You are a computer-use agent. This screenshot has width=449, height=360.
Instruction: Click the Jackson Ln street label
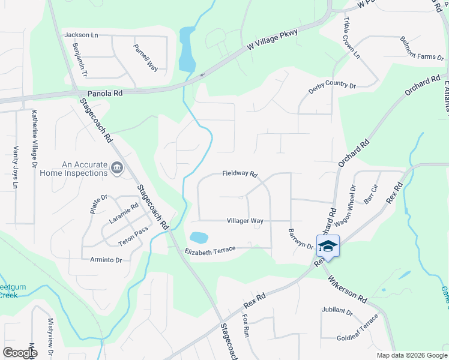point(81,35)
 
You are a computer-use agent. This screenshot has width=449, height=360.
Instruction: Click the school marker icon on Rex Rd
point(328,246)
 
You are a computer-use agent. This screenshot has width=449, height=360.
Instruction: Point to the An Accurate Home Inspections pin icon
point(117,169)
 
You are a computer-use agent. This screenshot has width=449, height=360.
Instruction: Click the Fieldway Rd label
point(240,174)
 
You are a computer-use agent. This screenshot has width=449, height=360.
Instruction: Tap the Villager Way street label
point(245,221)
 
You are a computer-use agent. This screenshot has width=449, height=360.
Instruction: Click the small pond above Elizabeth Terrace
point(199,238)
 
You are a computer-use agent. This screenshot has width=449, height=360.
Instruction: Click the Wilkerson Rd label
point(348,288)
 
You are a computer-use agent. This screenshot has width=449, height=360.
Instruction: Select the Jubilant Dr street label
point(337,311)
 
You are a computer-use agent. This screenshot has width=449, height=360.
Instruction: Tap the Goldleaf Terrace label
point(358,327)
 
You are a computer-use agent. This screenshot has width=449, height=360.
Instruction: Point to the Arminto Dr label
point(106,260)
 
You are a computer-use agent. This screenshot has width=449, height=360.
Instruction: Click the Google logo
point(20,352)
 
